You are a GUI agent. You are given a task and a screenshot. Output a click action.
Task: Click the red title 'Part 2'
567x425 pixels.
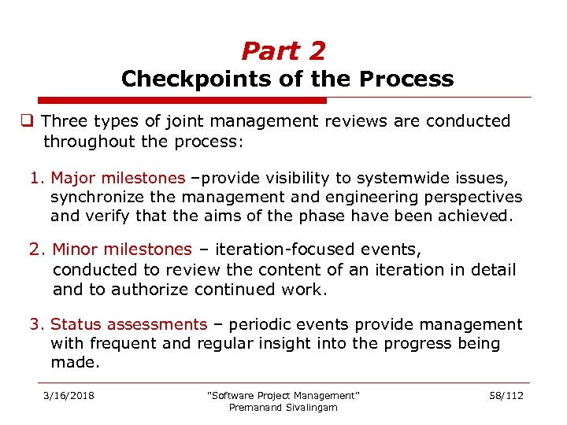tap(283, 51)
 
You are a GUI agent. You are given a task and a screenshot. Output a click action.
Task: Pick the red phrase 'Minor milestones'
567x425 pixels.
tap(122, 249)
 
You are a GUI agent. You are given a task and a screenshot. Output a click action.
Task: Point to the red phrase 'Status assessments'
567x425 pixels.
tap(128, 324)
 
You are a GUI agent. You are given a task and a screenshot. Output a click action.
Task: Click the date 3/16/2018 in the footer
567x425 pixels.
tap(68, 395)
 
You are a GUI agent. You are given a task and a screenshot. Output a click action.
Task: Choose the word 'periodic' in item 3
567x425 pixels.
tap(273, 324)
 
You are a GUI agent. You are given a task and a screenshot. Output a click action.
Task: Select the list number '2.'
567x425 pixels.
tap(38, 249)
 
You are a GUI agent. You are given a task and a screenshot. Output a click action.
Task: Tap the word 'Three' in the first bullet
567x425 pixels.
tap(65, 121)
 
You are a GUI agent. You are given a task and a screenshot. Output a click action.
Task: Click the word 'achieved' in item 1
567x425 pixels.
tap(476, 216)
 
